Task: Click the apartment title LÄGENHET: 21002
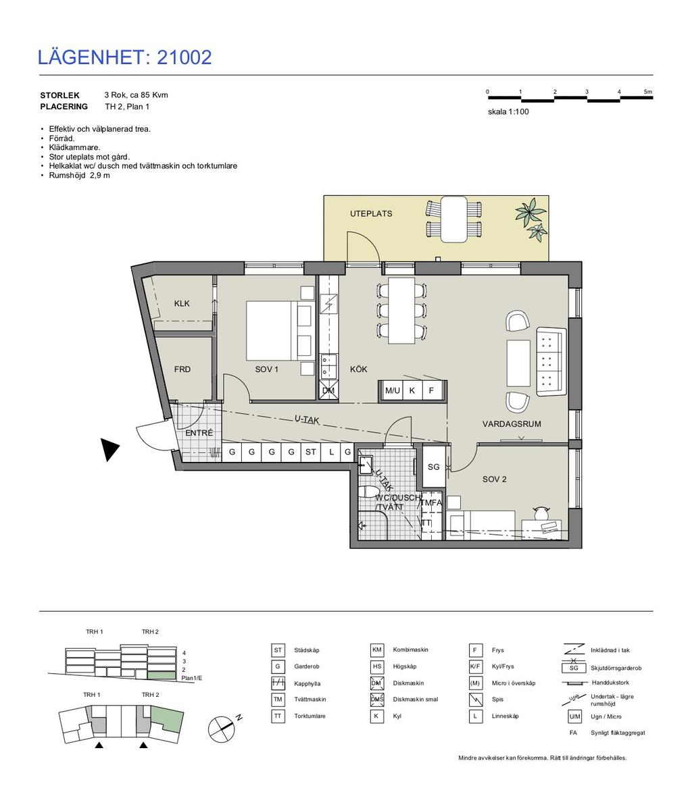click(124, 57)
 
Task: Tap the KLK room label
click(182, 303)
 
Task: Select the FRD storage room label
click(182, 369)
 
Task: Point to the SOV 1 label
click(266, 369)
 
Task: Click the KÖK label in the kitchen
click(359, 369)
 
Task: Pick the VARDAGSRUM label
click(512, 424)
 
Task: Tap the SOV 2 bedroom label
click(494, 479)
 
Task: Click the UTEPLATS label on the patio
click(371, 213)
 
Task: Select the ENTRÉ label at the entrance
click(199, 433)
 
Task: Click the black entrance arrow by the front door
click(109, 450)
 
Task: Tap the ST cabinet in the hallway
click(311, 452)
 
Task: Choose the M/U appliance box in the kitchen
click(393, 390)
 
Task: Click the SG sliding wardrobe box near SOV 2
click(433, 467)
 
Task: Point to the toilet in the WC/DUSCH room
click(370, 492)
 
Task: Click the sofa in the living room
click(551, 361)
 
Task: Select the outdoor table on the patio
click(454, 219)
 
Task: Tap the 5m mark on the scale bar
click(648, 93)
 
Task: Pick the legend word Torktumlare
click(310, 716)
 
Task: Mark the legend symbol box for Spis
click(476, 700)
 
